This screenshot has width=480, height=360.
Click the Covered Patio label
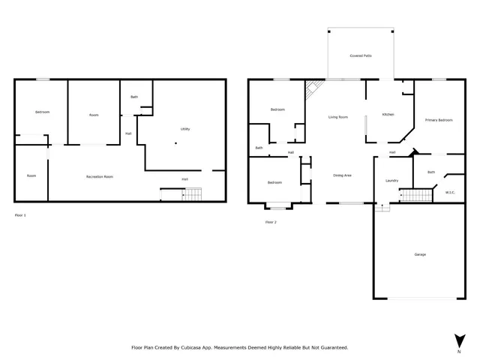click(361, 56)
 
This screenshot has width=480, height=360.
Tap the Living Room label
click(337, 117)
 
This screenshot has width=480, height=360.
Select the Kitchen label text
click(388, 115)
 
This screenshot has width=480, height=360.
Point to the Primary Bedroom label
click(438, 120)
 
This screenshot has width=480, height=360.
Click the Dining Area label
click(343, 175)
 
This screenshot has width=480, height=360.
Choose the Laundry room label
click(391, 181)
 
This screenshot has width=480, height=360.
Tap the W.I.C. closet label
click(450, 192)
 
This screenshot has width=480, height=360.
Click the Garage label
click(420, 254)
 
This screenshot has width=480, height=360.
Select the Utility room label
click(184, 129)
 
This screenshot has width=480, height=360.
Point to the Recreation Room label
click(99, 176)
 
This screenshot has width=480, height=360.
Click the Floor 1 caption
click(20, 215)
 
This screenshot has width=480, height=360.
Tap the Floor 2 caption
click(271, 222)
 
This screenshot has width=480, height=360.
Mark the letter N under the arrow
click(458, 350)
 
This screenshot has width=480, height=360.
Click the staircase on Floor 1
click(193, 195)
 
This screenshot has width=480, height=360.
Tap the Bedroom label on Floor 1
click(42, 112)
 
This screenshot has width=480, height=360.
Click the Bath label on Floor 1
click(134, 97)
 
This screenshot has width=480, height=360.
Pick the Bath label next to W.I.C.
click(431, 172)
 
